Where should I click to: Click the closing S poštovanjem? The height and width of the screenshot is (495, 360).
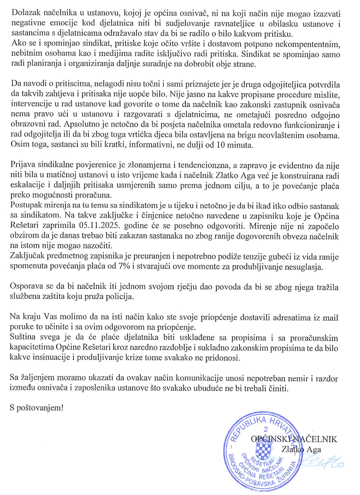click(37, 408)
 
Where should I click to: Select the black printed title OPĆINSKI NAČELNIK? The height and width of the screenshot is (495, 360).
click(294, 439)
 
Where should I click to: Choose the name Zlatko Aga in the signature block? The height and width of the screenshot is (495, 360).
click(301, 449)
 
